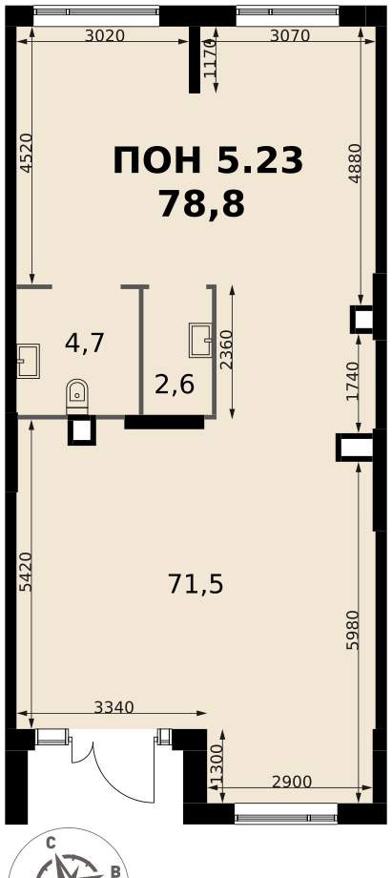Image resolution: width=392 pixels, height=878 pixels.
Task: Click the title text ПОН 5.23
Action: tap(208, 160)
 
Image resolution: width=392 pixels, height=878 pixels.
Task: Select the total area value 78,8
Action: tap(202, 203)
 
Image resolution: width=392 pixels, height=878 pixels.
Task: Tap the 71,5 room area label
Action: tap(196, 585)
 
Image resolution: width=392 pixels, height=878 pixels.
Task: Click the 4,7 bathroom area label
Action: tap(85, 343)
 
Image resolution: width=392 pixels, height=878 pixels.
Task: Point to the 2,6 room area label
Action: tap(175, 385)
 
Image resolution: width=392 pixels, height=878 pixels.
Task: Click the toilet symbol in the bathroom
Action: tap(76, 396)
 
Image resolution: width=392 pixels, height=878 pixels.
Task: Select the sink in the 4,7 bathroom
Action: tap(28, 361)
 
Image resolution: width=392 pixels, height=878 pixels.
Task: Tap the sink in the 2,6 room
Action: tap(200, 340)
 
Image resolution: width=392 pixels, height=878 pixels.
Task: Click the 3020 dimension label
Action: tap(105, 36)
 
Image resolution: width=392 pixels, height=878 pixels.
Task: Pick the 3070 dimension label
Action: tap(290, 36)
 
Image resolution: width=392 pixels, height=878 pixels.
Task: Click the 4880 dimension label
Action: tap(354, 163)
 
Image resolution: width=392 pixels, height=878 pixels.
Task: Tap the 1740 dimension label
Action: tap(352, 382)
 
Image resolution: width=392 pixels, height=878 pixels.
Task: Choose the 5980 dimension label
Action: tap(352, 629)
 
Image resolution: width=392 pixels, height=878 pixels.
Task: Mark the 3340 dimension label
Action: tap(113, 708)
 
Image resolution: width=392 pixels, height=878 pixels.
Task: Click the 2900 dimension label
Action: tap(291, 782)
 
